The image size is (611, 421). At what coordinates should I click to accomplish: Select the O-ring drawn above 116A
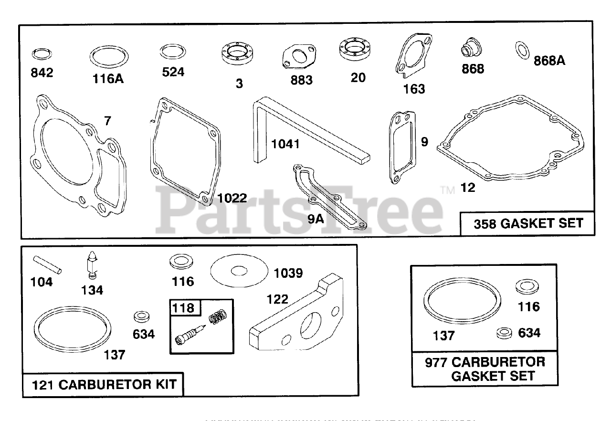point(109,57)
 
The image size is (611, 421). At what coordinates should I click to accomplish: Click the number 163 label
point(414,89)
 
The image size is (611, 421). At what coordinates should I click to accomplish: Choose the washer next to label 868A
point(523,50)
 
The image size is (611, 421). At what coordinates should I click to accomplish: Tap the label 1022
point(232,198)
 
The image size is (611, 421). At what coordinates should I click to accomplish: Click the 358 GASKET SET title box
point(527,223)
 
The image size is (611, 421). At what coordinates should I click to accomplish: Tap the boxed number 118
point(184,308)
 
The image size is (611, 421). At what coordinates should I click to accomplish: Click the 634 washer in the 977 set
point(504,333)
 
